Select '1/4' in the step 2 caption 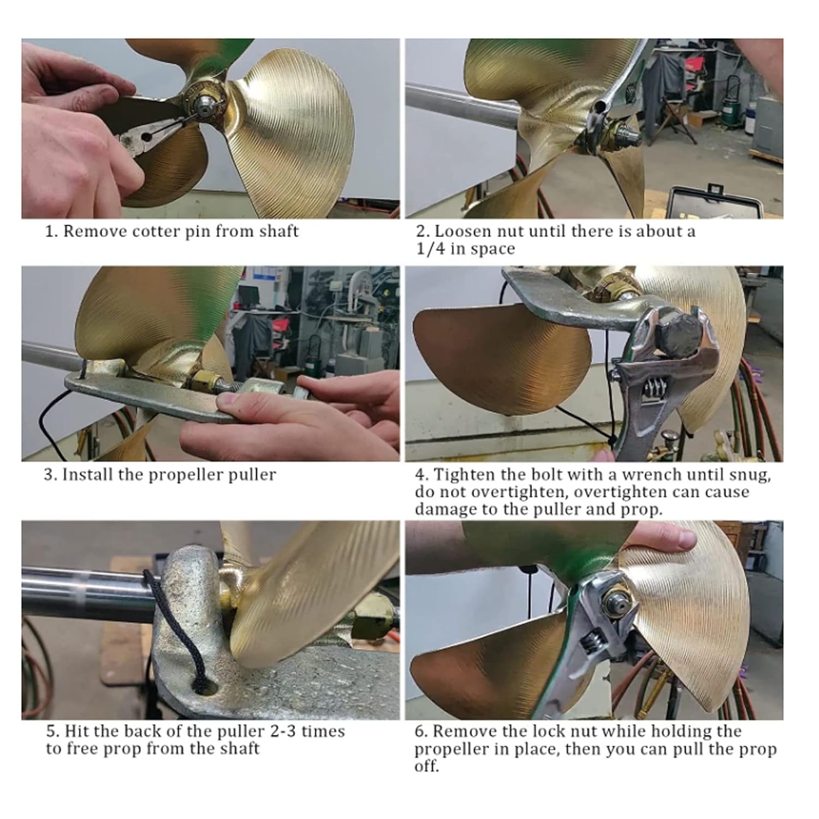pyautogui.click(x=428, y=248)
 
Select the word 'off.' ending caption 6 pyautogui.click(x=426, y=766)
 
